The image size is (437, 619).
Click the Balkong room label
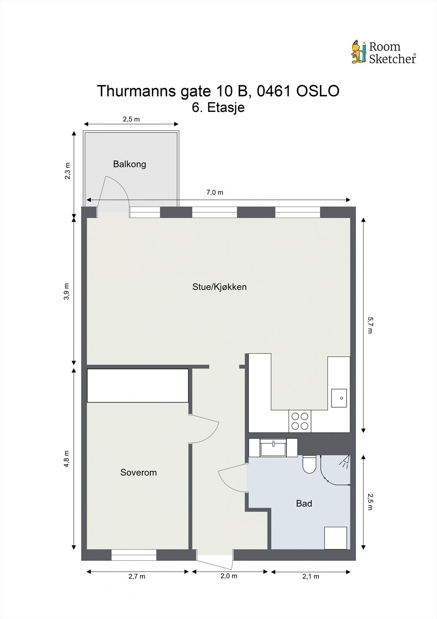tap(129, 164)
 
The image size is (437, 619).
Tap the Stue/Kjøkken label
tap(219, 287)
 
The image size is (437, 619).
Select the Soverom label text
tap(138, 472)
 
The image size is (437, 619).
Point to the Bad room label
tap(304, 503)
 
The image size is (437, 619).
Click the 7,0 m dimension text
tap(215, 192)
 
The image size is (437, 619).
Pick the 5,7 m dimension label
tap(370, 325)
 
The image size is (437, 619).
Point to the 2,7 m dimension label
tap(137, 576)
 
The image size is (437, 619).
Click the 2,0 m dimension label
tap(229, 576)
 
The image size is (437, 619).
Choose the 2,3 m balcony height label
tap(67, 171)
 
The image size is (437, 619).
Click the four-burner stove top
tap(300, 421)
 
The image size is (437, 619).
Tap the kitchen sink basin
tap(339, 398)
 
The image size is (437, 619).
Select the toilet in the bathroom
tap(309, 464)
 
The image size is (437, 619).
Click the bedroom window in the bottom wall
tap(134, 555)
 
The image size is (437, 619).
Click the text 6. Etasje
tap(218, 107)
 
